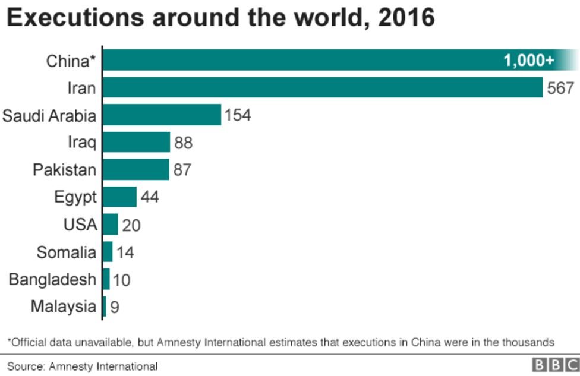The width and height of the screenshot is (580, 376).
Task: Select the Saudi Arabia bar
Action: point(162,115)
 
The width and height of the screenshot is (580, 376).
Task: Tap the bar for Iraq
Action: point(137,143)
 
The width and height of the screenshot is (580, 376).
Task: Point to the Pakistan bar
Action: point(136,169)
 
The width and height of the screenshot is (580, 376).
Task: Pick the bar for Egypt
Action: point(120,197)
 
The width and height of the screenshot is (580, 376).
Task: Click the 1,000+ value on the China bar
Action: point(528,60)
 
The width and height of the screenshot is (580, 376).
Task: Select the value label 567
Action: point(561,88)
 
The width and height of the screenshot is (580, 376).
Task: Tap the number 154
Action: point(238,115)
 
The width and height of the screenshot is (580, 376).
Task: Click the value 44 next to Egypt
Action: point(150,197)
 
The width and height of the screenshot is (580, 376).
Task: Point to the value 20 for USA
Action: point(131,225)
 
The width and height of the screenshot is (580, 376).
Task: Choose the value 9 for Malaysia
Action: point(115,308)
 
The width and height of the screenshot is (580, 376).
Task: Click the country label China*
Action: point(71,61)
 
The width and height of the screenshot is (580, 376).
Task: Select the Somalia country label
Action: point(66,252)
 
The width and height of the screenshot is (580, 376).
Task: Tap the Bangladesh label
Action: point(52,279)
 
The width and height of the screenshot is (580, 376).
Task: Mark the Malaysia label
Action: point(63,307)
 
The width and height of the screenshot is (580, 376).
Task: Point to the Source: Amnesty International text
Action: point(83,366)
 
